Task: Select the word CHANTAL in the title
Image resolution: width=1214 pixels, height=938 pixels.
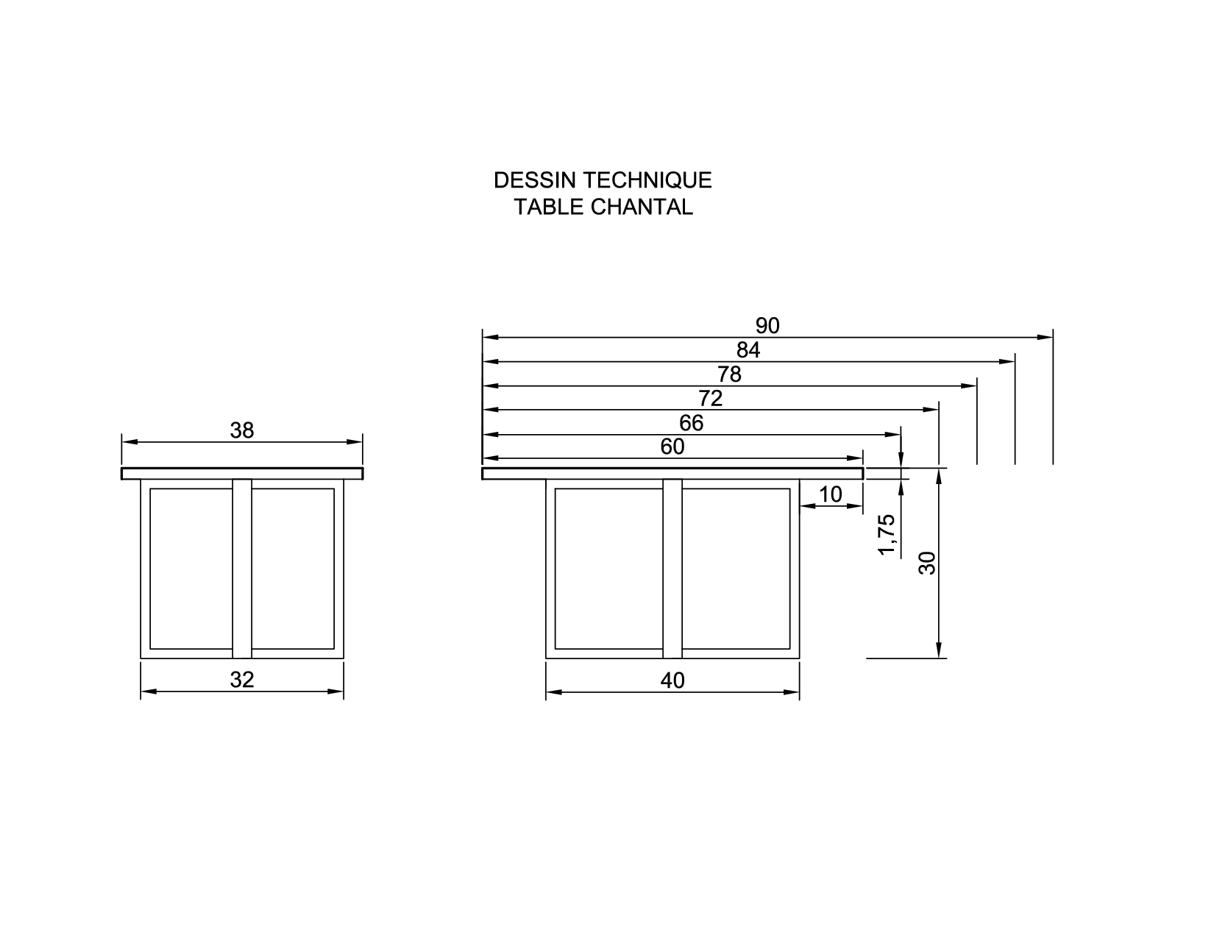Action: tap(642, 207)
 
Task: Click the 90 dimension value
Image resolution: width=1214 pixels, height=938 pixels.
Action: tap(767, 326)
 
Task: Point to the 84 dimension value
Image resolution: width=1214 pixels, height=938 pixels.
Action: tap(748, 350)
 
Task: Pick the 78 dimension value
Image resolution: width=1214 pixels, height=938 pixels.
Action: tap(729, 374)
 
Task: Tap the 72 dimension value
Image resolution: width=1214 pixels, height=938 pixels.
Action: tap(710, 399)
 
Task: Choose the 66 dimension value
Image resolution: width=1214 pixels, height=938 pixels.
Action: tap(692, 423)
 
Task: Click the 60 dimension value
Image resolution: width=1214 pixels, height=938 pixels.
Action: tap(672, 447)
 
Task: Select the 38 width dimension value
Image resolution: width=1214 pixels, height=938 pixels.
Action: tap(242, 430)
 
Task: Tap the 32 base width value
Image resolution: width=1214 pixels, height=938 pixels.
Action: tap(242, 681)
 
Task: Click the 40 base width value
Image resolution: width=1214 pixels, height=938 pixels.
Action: tap(672, 681)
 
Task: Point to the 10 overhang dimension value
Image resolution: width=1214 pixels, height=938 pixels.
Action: tap(831, 494)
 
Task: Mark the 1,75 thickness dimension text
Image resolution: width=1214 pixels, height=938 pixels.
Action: tap(889, 535)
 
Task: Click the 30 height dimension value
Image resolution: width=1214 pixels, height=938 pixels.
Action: tap(929, 563)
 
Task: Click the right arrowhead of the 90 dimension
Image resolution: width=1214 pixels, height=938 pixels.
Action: tap(1046, 338)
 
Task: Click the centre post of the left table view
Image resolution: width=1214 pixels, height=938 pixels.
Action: tap(242, 569)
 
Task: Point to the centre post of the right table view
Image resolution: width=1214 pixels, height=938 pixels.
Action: tap(672, 569)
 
